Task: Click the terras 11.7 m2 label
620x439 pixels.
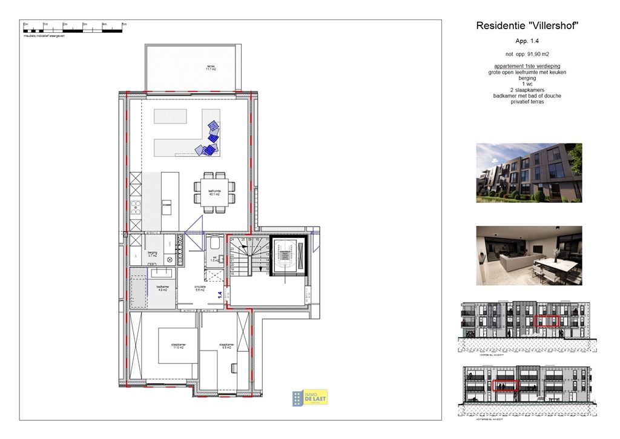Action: (211, 68)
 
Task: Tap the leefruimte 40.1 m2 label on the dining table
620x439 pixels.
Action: (214, 193)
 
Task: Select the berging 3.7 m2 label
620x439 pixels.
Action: (152, 254)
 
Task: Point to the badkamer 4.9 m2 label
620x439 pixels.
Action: (162, 288)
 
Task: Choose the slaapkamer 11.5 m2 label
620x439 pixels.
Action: (178, 346)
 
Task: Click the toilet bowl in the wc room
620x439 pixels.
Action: (214, 245)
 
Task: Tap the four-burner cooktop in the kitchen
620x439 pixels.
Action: (136, 208)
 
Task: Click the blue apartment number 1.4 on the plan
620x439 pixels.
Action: (220, 295)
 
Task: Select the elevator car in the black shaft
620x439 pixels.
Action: (283, 256)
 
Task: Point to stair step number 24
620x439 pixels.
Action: (232, 240)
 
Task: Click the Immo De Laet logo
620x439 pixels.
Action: (310, 397)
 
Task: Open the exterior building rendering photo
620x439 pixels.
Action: (529, 173)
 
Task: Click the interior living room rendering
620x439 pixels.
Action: (529, 256)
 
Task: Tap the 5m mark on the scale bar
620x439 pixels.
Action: (124, 24)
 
